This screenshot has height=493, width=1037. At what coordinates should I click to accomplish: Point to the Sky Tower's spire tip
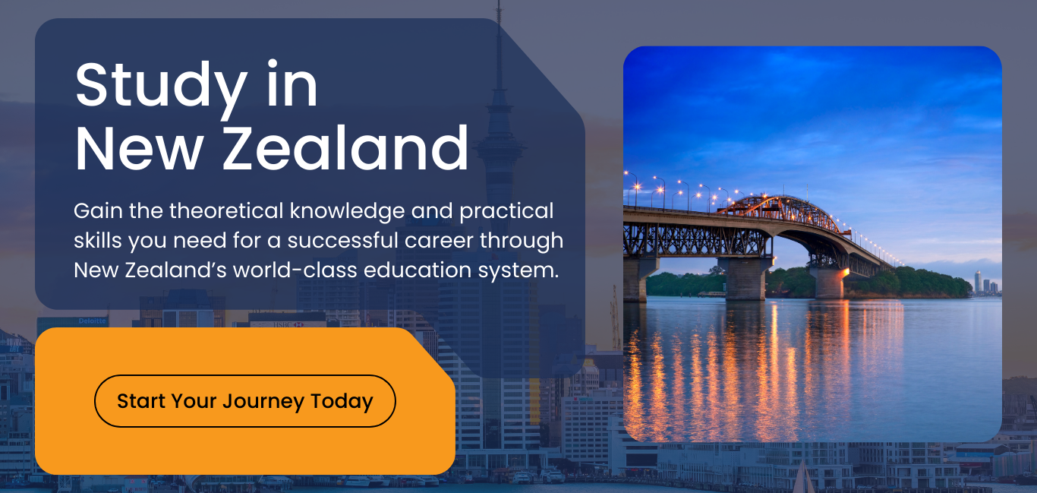[499, 6]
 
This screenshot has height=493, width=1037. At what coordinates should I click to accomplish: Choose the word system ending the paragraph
[524, 270]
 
